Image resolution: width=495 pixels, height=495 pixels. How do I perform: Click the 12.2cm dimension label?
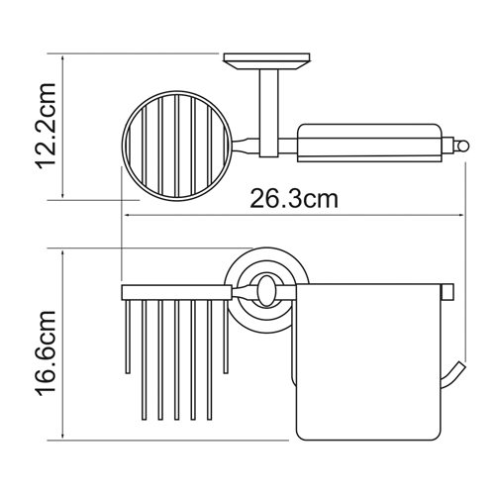coord(46,126)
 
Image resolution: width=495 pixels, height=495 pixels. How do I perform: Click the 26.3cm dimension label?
coord(294,199)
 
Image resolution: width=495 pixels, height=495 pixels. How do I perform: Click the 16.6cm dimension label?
coord(46,352)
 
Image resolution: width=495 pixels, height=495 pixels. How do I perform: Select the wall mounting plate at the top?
coord(266,61)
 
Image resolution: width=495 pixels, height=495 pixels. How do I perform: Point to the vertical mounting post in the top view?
coord(268,113)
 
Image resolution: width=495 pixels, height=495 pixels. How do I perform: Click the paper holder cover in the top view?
coord(369,143)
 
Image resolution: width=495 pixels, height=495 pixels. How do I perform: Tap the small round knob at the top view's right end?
coord(462,145)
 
